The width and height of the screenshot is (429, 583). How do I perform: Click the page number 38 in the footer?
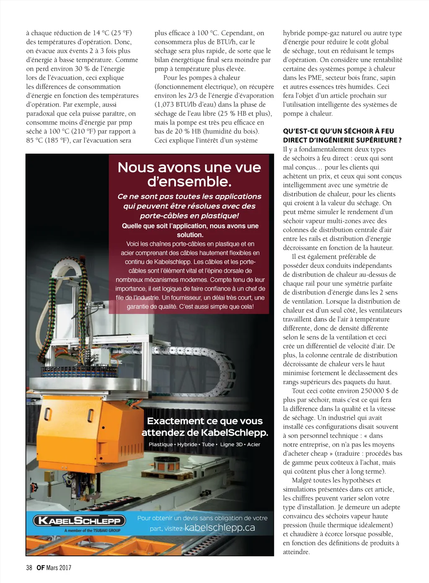(x=29, y=568)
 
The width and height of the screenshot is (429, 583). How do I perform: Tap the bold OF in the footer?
(x=41, y=568)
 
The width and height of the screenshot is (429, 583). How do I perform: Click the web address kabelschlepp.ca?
(x=220, y=528)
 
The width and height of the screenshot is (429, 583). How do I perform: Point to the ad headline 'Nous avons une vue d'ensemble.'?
(x=189, y=174)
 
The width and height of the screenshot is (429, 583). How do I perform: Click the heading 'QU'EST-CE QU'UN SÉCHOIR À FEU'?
(x=338, y=131)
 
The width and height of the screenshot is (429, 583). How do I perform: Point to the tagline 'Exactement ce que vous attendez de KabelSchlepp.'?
(x=205, y=426)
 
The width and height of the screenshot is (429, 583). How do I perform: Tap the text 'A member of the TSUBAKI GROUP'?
(x=92, y=531)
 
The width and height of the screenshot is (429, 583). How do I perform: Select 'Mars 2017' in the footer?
(x=59, y=568)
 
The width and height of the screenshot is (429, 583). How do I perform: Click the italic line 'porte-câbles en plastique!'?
(x=189, y=216)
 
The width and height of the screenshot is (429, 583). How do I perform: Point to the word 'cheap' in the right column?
(x=319, y=454)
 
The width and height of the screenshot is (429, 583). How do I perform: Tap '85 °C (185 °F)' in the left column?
(x=49, y=140)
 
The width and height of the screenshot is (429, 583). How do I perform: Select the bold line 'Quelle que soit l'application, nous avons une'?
(x=190, y=226)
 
